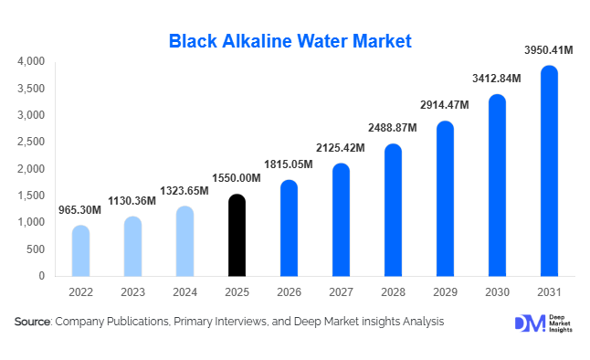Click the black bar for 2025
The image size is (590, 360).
click(x=237, y=236)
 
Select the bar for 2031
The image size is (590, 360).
click(x=549, y=171)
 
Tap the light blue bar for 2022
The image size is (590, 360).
click(x=80, y=251)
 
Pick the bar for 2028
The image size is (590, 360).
click(x=393, y=210)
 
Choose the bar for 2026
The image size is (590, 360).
click(x=289, y=228)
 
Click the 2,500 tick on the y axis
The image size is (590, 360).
click(x=31, y=142)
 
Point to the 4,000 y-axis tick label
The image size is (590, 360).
click(x=31, y=61)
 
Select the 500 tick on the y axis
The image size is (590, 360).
click(x=37, y=249)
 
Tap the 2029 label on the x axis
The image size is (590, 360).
click(x=445, y=291)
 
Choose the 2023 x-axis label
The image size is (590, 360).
click(x=132, y=291)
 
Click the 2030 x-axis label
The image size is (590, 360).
click(x=497, y=291)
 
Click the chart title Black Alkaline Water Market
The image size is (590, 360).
click(x=290, y=40)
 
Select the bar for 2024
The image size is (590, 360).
click(x=184, y=241)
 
